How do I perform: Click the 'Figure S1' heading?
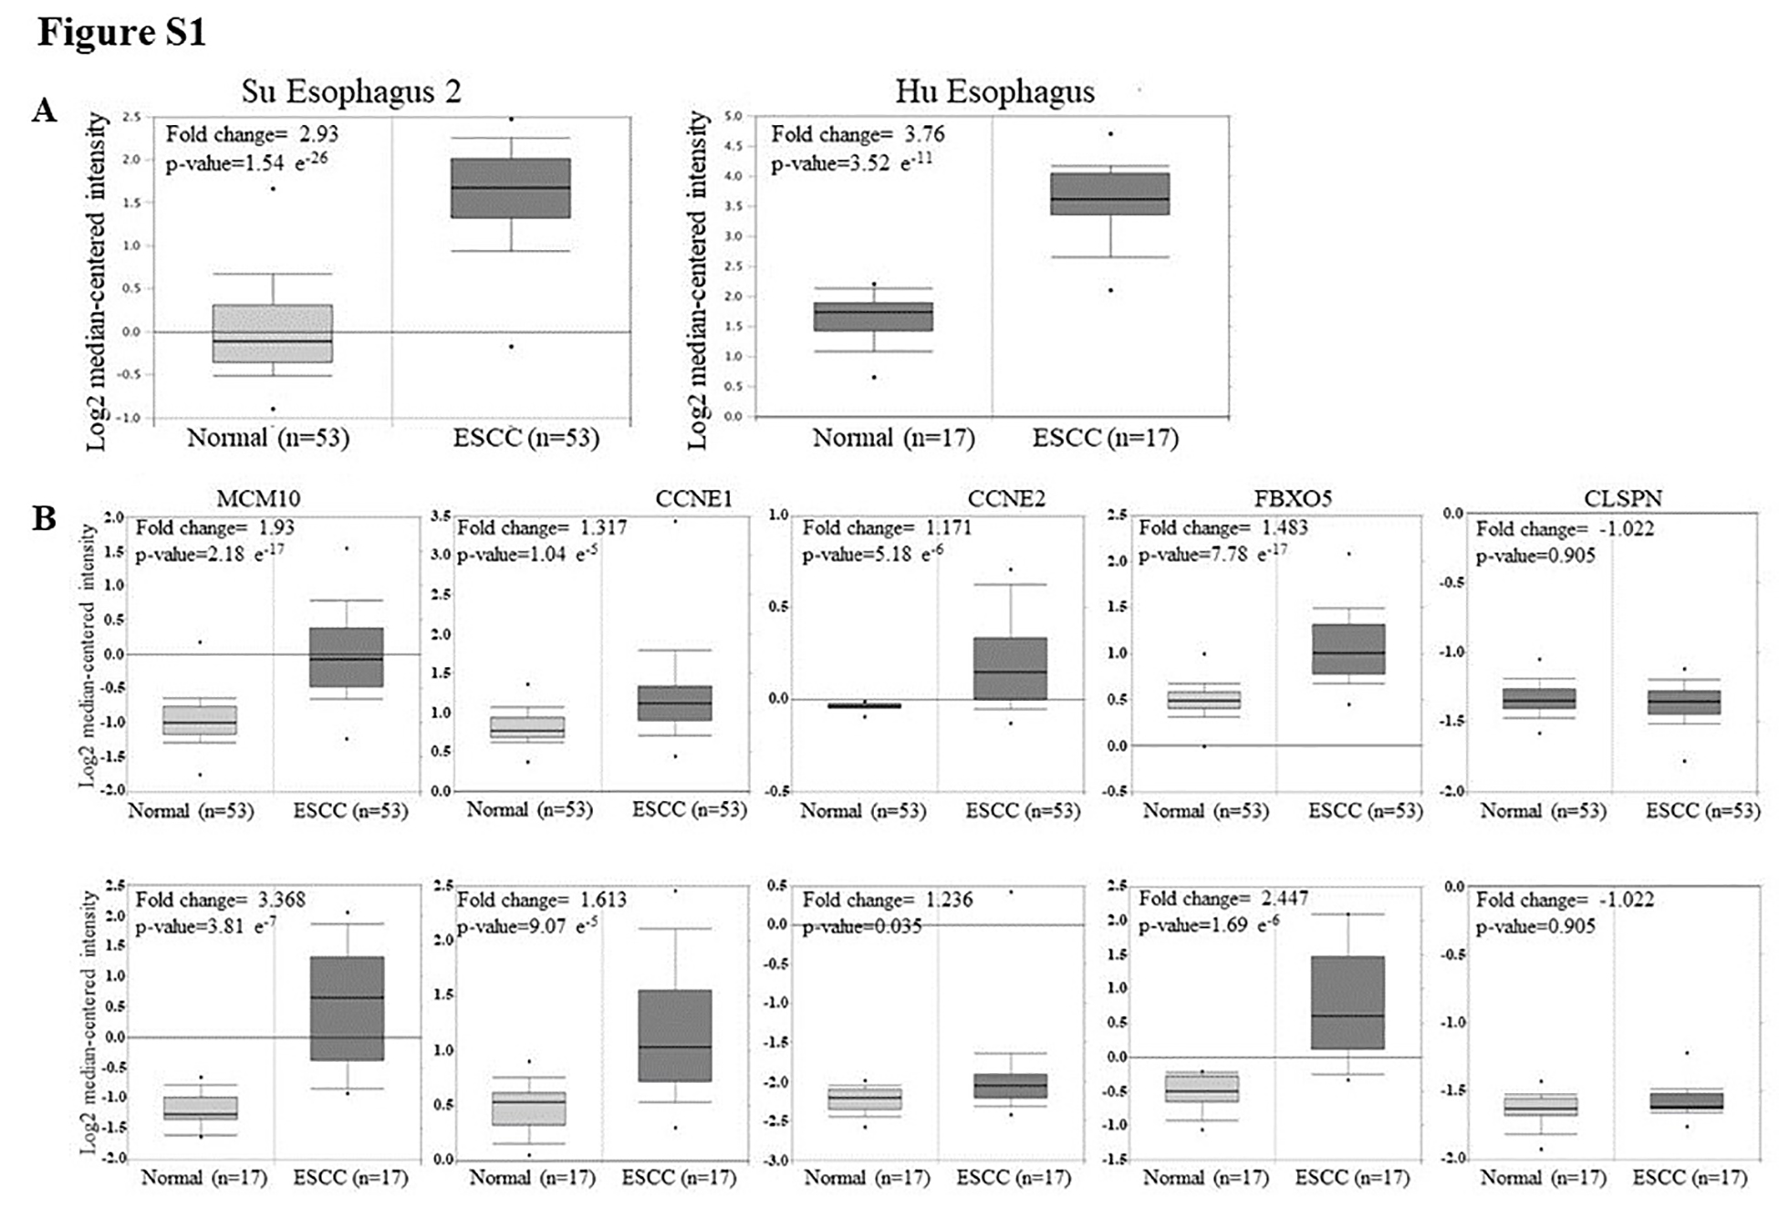(x=121, y=33)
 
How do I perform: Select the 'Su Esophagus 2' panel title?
(x=351, y=91)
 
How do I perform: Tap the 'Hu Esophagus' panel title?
(x=994, y=91)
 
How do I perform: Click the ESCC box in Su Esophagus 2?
(x=511, y=188)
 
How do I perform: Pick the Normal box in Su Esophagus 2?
(x=273, y=333)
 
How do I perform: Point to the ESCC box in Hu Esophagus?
(x=1110, y=193)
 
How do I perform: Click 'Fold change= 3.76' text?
(x=858, y=134)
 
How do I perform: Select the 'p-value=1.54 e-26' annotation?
(x=246, y=163)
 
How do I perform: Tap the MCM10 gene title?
(x=258, y=498)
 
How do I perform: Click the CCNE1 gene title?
(x=693, y=498)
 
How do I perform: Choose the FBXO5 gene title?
(x=1293, y=498)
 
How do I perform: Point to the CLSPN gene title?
(x=1623, y=498)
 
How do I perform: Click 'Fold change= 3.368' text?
(x=220, y=900)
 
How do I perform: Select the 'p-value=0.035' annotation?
(x=862, y=926)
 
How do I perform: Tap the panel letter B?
(x=44, y=518)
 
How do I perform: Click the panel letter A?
(x=44, y=111)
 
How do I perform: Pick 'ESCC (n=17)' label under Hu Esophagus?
(x=1105, y=438)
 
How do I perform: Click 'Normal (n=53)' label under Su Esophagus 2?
(x=268, y=438)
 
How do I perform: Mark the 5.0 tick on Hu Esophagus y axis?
(x=733, y=116)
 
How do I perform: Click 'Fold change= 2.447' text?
(x=1222, y=899)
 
